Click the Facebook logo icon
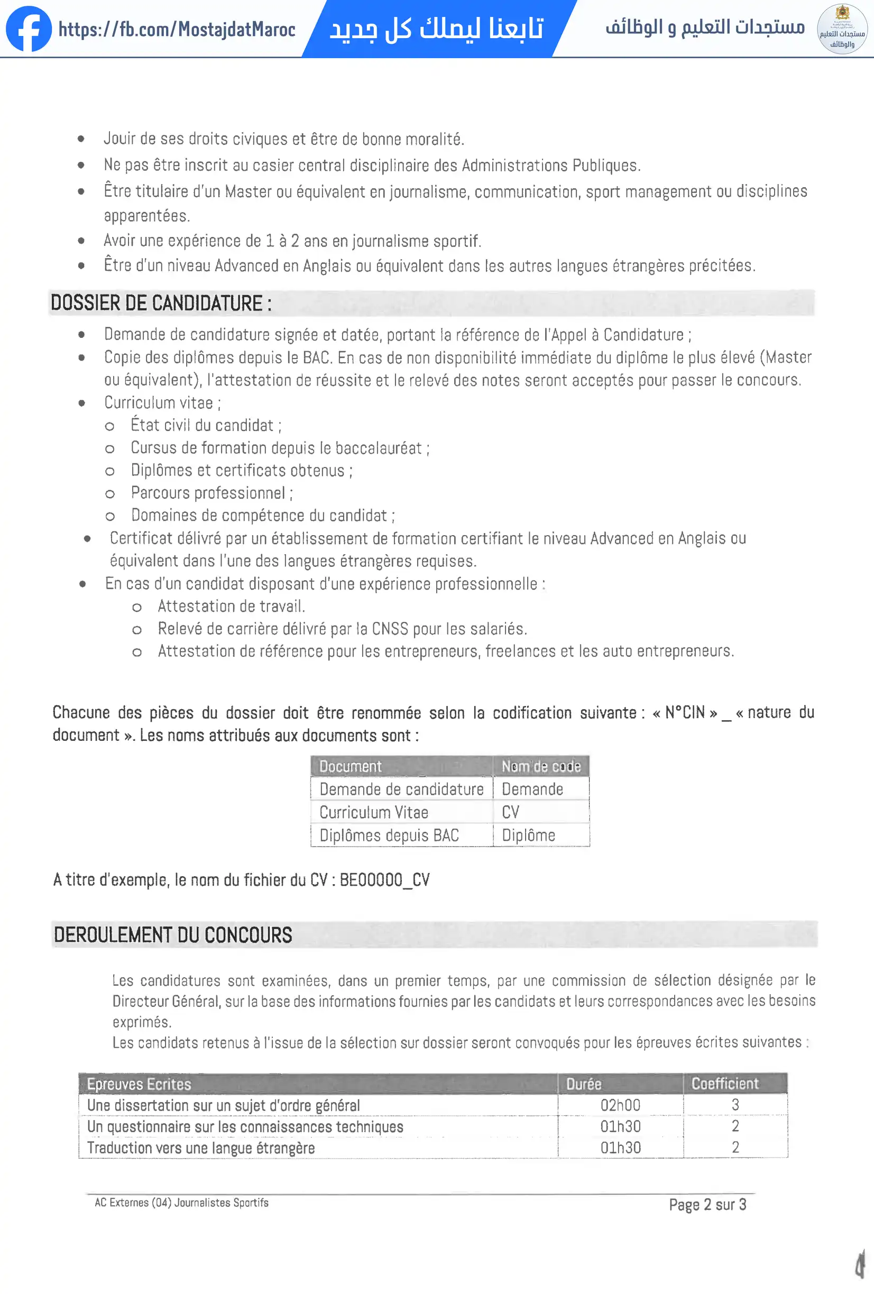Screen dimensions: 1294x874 (29, 29)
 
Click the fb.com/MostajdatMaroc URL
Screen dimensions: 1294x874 (177, 30)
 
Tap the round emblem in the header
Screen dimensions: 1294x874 (842, 29)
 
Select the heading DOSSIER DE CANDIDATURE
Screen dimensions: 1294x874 (161, 304)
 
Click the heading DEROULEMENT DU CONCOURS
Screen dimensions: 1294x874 (173, 935)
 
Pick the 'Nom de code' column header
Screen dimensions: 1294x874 (540, 767)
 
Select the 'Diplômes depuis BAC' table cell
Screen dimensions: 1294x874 (389, 835)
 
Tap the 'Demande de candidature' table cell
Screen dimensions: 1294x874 (401, 790)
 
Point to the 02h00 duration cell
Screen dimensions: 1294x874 (620, 1105)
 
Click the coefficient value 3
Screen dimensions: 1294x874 (735, 1105)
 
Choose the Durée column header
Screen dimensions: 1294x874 (584, 1084)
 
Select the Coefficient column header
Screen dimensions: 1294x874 (725, 1084)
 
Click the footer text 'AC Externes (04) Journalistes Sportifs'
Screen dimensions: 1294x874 (181, 1203)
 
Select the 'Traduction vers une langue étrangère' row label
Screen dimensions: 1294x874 (201, 1148)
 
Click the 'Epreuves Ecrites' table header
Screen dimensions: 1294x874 (139, 1084)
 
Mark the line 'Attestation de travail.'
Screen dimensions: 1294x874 (232, 607)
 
